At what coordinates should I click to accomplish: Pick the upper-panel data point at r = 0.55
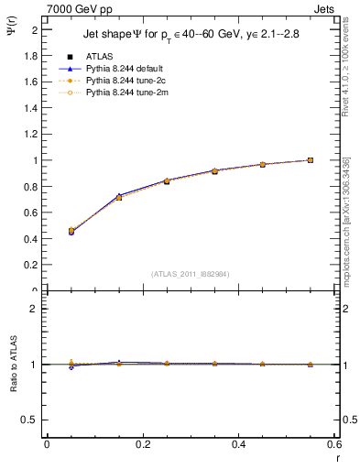coord(311,160)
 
